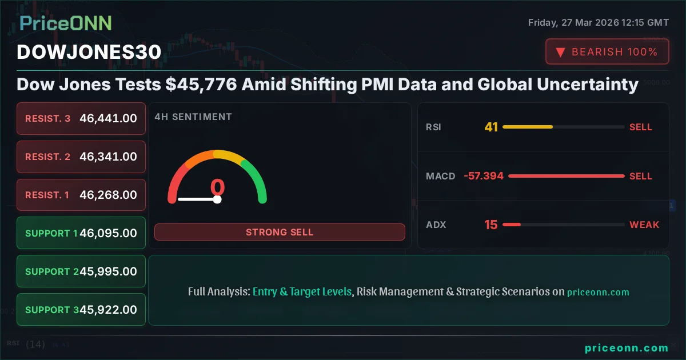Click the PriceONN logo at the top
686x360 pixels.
point(66,23)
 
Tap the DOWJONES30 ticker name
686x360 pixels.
point(89,52)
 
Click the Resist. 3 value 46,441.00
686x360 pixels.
point(108,118)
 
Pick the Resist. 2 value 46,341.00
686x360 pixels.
point(108,157)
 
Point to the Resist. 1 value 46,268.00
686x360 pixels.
point(108,195)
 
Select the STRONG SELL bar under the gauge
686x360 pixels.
point(280,232)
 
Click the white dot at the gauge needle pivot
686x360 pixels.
point(217,199)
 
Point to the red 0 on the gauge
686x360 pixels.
point(217,187)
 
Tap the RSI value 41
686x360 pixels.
point(491,127)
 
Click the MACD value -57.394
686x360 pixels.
point(484,176)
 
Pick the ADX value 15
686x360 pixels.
point(491,225)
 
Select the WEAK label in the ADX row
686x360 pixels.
point(644,225)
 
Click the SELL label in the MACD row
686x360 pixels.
point(641,176)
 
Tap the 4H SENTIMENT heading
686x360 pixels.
point(193,117)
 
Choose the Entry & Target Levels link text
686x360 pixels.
point(302,291)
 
